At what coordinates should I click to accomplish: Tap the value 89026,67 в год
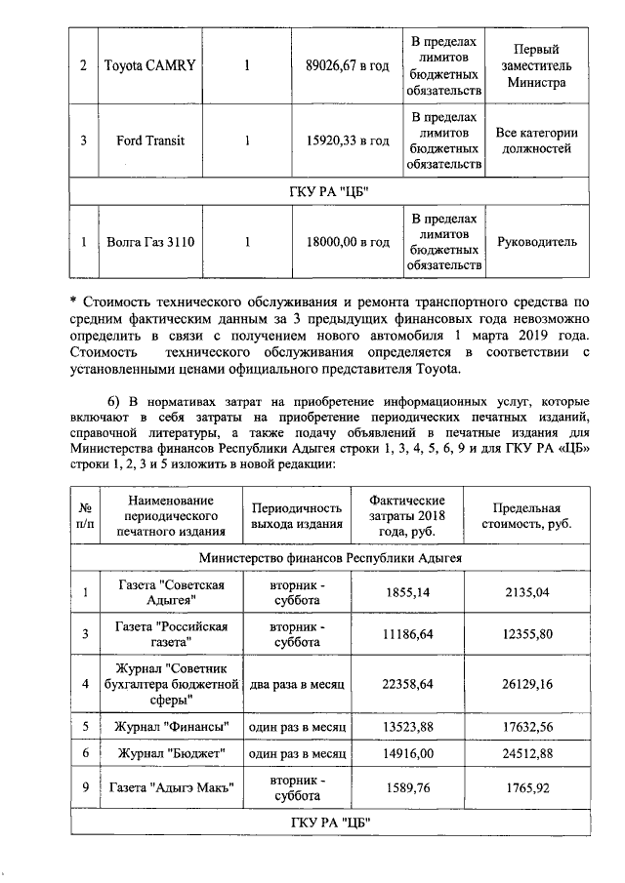click(348, 65)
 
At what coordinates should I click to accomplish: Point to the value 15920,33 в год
click(348, 140)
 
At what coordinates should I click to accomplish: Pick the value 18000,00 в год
click(348, 241)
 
